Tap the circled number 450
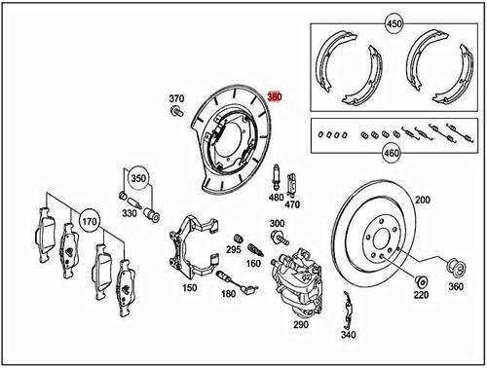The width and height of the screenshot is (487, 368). click(x=394, y=23)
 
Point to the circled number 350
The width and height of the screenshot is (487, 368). click(x=139, y=179)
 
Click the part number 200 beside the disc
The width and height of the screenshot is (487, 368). click(x=422, y=200)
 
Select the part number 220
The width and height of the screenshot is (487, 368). click(x=421, y=296)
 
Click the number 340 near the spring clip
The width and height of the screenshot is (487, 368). click(x=350, y=334)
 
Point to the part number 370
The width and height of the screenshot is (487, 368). click(x=176, y=98)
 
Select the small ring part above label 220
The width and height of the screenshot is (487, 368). click(x=421, y=281)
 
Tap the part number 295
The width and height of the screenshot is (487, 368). click(x=233, y=249)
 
